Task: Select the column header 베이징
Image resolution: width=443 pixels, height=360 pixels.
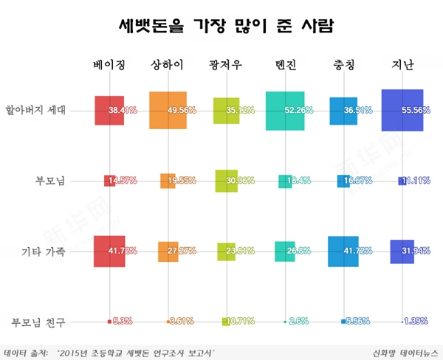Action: (109, 66)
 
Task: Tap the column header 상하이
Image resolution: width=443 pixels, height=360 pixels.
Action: (168, 66)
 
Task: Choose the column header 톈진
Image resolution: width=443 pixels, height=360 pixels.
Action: (284, 66)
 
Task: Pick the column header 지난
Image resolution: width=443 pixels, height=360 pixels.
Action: (402, 66)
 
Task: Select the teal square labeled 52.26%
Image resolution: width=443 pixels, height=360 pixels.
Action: (284, 111)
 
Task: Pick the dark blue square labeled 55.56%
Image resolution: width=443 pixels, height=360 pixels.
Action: (402, 111)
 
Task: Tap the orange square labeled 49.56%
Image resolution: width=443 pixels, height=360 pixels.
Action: (168, 111)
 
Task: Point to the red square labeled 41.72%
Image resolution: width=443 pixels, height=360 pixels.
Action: (109, 252)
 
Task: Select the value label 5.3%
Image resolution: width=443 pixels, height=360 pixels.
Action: (123, 322)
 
